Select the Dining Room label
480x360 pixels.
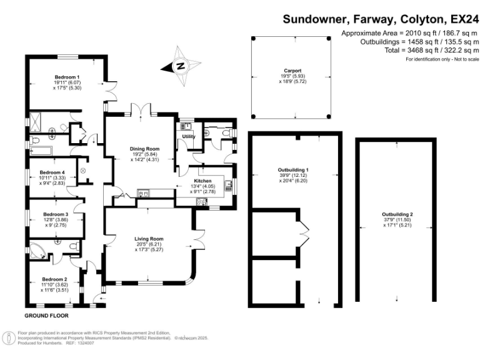145,149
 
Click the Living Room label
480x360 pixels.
149,239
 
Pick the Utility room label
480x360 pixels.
188,136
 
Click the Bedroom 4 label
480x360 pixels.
52,172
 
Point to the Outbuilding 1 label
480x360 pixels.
293,170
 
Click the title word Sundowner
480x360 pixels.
313,19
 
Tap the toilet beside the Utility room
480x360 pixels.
226,134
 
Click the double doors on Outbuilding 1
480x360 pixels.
304,232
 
